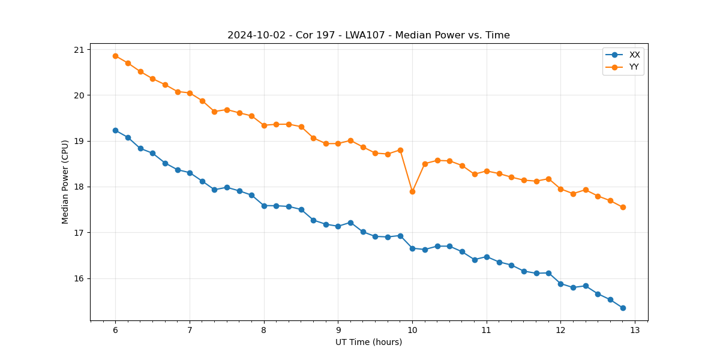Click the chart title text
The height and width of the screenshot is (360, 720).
[x=368, y=35]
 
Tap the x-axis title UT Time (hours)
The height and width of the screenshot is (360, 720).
[x=368, y=342]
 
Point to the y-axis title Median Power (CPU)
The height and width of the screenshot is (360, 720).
[x=65, y=182]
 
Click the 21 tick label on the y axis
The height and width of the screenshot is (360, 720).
[x=79, y=49]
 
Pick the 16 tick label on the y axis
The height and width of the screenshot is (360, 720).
[x=79, y=278]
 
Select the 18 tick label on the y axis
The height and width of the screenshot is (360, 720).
[x=79, y=187]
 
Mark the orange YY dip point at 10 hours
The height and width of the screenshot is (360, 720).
[x=412, y=191]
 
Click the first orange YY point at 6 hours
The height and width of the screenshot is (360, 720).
[x=115, y=56]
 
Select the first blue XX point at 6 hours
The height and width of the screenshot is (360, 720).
[x=115, y=130]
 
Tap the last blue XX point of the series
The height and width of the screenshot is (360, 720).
[x=623, y=308]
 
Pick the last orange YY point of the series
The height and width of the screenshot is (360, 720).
[x=623, y=207]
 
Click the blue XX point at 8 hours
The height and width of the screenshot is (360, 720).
[x=264, y=206]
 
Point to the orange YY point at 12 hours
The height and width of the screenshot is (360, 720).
[x=560, y=189]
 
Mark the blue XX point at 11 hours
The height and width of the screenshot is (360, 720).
[x=487, y=257]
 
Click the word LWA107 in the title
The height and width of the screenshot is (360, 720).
[x=363, y=35]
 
